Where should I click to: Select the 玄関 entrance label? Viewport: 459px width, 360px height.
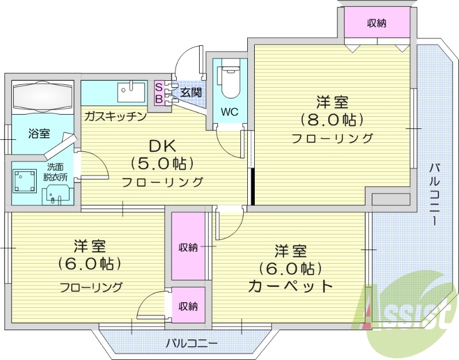191,92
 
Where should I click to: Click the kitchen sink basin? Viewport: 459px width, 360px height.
131,91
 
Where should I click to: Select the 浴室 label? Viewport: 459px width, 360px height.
40,134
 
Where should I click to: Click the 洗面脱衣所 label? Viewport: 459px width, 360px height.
57,172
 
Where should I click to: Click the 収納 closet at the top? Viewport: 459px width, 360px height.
376,24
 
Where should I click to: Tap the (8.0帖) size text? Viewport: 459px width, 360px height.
332,120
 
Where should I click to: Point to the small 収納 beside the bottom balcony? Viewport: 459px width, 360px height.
188,306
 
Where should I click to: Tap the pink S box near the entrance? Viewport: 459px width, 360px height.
158,87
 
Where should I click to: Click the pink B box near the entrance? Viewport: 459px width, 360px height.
158,98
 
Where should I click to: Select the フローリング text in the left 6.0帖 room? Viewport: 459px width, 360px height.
91,287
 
